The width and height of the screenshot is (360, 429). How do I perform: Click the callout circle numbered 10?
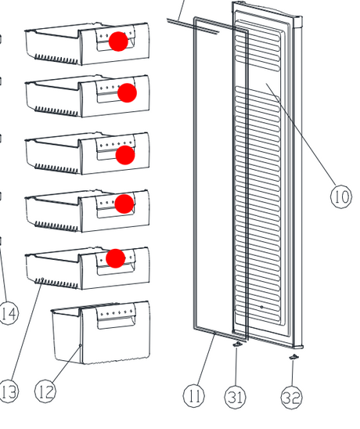click(x=341, y=196)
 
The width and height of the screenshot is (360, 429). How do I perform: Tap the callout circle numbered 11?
click(x=194, y=395)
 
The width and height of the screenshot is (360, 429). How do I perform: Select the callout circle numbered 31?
click(x=236, y=397)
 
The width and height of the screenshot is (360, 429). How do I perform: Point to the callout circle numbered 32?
click(x=292, y=398)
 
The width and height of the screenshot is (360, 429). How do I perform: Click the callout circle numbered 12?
click(x=45, y=391)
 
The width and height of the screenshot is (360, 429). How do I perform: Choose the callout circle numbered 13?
click(x=8, y=391)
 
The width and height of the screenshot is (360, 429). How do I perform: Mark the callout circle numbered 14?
click(x=8, y=314)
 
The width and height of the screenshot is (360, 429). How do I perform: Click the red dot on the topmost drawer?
click(x=118, y=41)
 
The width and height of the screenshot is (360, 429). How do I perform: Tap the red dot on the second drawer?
click(x=128, y=92)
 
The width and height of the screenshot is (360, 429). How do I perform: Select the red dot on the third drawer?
click(x=125, y=155)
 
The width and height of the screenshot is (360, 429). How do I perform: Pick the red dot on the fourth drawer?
click(x=124, y=204)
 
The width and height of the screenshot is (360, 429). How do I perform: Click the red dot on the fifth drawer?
click(x=116, y=258)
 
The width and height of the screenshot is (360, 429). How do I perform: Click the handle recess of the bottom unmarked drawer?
click(x=117, y=322)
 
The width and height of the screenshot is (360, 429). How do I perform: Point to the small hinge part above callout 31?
click(x=237, y=344)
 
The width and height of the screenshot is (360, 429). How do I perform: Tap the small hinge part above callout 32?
click(x=293, y=357)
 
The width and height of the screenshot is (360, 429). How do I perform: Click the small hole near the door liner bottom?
click(x=262, y=307)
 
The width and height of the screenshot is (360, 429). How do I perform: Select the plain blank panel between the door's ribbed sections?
click(x=258, y=79)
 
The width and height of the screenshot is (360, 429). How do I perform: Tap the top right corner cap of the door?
click(x=297, y=21)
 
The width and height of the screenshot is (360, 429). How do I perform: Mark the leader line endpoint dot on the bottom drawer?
click(x=80, y=345)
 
